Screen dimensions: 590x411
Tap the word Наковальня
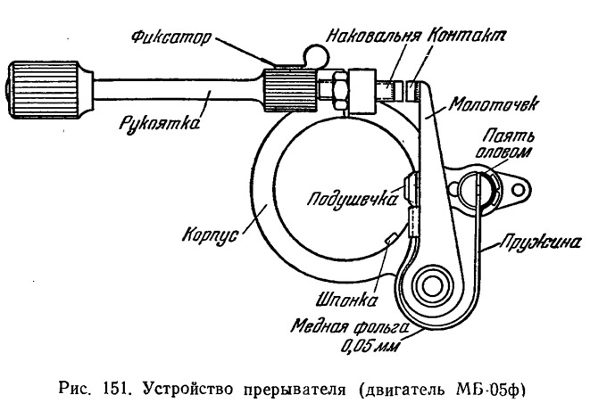pyautogui.click(x=373, y=37)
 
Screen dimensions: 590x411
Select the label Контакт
pyautogui.click(x=467, y=36)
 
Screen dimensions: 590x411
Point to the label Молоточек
pyautogui.click(x=494, y=104)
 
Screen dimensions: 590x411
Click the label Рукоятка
pyautogui.click(x=159, y=123)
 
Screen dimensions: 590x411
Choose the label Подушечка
pyautogui.click(x=352, y=199)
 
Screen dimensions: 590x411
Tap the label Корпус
pyautogui.click(x=211, y=235)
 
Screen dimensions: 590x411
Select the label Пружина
pyautogui.click(x=540, y=243)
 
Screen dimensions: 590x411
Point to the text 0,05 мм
pyautogui.click(x=370, y=346)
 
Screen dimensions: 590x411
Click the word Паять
pyautogui.click(x=509, y=136)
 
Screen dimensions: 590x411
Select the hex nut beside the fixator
pyautogui.click(x=341, y=91)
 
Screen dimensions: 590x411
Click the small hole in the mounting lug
pyautogui.click(x=518, y=190)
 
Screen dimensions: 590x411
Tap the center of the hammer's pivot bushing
pyautogui.click(x=432, y=287)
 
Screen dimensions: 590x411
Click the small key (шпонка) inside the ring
pyautogui.click(x=390, y=238)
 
